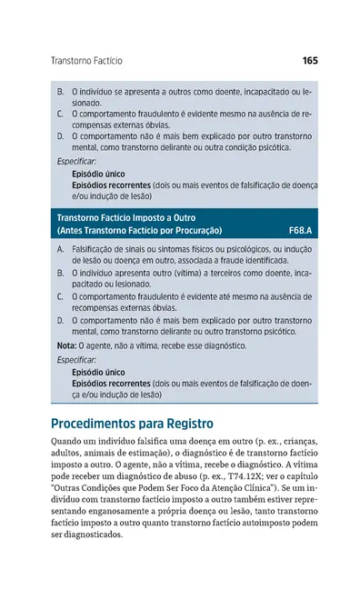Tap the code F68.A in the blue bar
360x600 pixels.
[x=299, y=231]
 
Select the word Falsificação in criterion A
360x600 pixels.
[x=95, y=248]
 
